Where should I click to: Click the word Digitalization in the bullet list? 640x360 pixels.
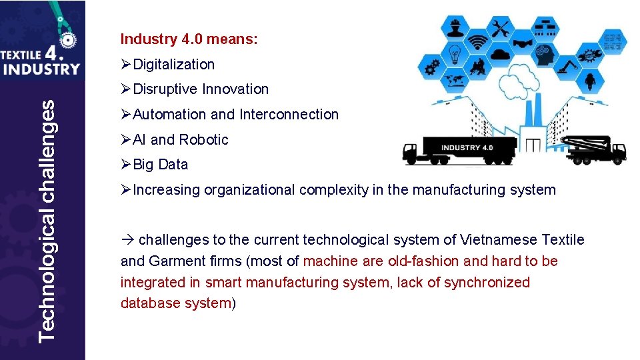[174, 65]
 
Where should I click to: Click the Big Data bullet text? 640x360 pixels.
[161, 165]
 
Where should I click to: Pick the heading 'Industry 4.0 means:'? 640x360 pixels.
[189, 39]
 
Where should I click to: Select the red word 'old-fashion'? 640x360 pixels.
[423, 261]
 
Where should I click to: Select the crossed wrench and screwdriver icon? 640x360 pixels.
[500, 29]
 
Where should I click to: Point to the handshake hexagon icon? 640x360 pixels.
[523, 44]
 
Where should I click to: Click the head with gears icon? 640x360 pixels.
[545, 55]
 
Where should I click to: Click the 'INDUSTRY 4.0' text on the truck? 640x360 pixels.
[467, 147]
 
